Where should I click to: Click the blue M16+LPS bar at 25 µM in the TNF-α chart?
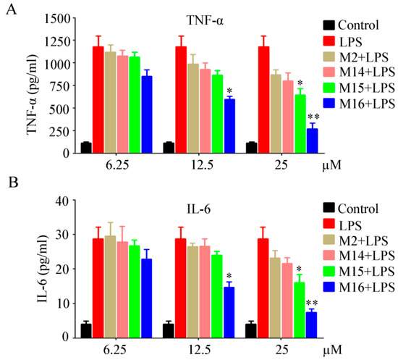point(312,141)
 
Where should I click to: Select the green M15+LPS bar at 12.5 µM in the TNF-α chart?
point(218,114)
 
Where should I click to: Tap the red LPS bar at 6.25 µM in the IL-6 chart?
point(98,288)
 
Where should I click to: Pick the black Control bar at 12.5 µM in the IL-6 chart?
point(169,331)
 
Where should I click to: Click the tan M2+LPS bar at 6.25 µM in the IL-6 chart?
point(110,287)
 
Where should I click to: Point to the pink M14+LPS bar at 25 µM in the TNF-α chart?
point(287,117)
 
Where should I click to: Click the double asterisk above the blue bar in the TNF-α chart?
point(313,117)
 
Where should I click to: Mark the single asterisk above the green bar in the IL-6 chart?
point(299,269)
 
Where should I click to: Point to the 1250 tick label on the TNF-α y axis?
point(57,41)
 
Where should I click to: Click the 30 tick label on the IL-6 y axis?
point(63,234)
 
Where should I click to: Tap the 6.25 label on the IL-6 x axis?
point(115,350)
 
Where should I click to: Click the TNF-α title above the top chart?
point(205,20)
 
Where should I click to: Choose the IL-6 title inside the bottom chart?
point(198,210)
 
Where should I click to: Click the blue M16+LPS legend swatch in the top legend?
point(329,103)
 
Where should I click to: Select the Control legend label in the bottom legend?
point(358,209)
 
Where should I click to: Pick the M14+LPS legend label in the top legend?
point(368,72)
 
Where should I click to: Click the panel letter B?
point(14,182)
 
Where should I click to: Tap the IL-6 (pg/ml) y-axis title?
point(43,269)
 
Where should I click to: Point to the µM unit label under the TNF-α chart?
point(332,165)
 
